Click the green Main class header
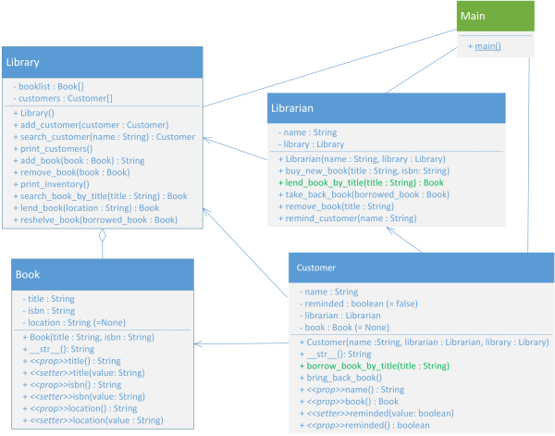(496, 16)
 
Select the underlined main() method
(487, 46)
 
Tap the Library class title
(22, 62)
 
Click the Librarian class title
(292, 108)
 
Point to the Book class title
(28, 275)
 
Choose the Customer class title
(315, 268)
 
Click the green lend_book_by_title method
(361, 182)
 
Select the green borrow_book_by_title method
(375, 366)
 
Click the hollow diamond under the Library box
(103, 235)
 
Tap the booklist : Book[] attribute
(48, 86)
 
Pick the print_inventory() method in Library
(51, 184)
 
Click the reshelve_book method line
(95, 220)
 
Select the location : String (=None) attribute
(74, 323)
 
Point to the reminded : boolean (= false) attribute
(359, 304)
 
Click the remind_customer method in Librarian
(347, 218)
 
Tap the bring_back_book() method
(340, 378)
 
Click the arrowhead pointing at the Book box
(198, 343)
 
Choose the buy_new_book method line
(364, 170)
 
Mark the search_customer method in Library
(104, 137)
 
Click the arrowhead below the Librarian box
(390, 230)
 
